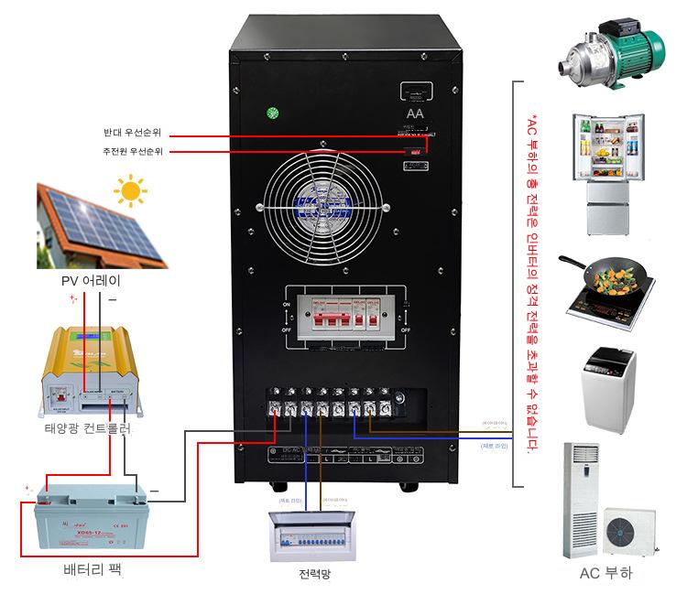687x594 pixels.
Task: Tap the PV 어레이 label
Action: point(90,281)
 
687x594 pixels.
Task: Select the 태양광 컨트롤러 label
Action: point(88,428)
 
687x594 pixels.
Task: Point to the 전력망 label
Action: point(313,575)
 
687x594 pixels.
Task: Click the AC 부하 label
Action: point(605,574)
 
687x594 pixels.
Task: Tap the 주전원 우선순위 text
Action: point(132,151)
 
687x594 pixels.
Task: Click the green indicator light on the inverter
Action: point(272,114)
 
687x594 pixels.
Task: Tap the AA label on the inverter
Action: point(415,113)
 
